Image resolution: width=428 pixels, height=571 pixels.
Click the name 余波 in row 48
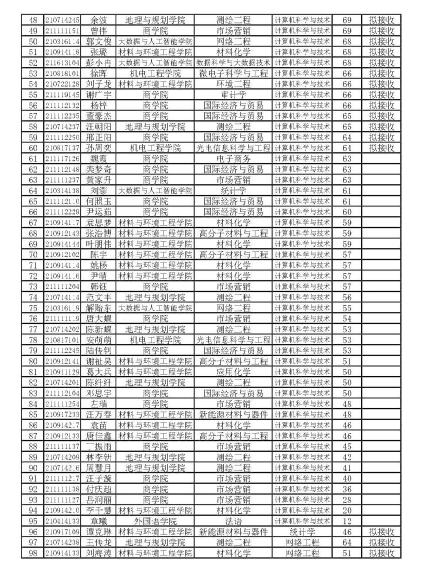[x=99, y=20]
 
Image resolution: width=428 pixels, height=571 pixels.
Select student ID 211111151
[x=63, y=31]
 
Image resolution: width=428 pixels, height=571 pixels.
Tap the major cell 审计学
[x=233, y=95]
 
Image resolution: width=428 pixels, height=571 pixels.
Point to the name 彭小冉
[x=99, y=63]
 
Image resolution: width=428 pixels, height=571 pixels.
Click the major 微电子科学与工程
[x=233, y=73]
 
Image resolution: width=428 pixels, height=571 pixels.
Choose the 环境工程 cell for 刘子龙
[x=233, y=84]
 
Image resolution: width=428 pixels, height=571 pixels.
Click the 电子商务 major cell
[x=233, y=159]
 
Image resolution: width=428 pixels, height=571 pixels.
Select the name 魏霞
[x=99, y=159]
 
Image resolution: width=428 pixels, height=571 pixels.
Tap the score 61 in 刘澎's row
[x=347, y=191]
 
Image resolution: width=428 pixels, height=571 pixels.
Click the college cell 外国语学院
[x=155, y=522]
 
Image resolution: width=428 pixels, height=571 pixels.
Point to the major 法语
[x=233, y=522]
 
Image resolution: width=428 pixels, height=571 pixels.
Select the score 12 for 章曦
[x=347, y=522]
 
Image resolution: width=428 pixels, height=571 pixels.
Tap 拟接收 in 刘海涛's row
[x=381, y=554]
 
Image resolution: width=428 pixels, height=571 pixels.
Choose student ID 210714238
[x=63, y=543]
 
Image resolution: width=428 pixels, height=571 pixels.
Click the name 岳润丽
[x=99, y=500]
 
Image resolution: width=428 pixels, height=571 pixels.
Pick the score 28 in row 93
[x=347, y=500]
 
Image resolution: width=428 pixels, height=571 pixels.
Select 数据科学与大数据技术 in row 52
[x=233, y=63]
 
